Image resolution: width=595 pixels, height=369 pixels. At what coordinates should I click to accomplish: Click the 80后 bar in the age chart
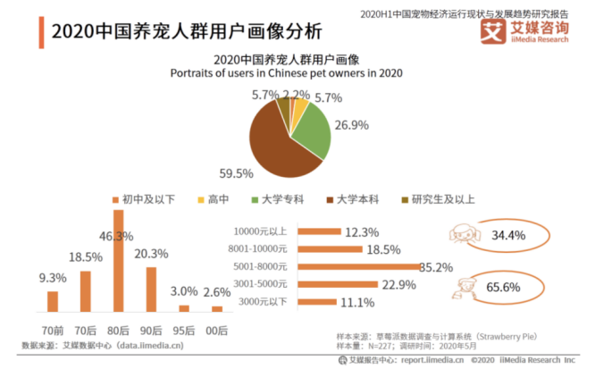click(118, 261)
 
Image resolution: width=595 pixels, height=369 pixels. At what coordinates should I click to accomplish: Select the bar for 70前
click(53, 301)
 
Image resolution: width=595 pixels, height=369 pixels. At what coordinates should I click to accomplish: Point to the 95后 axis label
click(183, 329)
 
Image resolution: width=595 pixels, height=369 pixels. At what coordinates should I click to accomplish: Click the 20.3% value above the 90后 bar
click(151, 253)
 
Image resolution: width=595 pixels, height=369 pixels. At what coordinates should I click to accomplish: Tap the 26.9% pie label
click(350, 125)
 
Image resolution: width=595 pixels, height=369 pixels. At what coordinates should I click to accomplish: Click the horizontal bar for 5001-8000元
click(356, 265)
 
